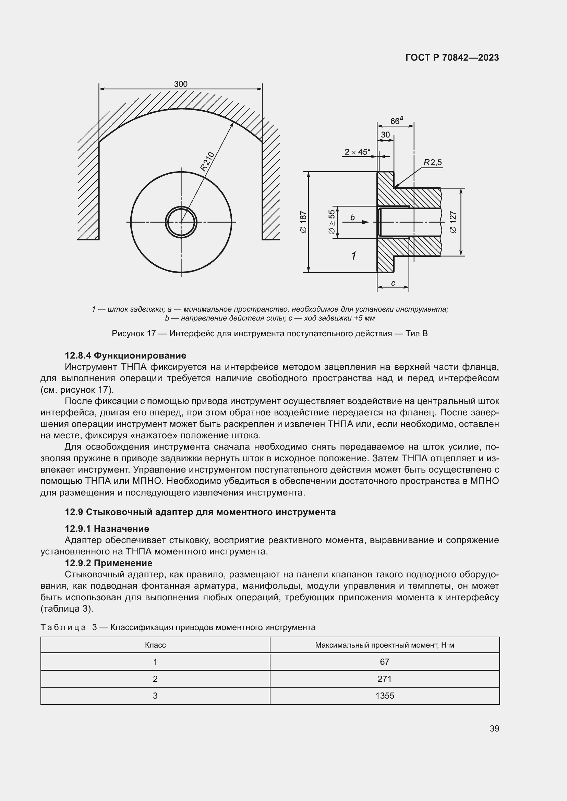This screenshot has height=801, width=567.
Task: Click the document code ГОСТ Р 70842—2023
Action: (452, 58)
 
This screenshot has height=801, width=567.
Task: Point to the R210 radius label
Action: (207, 161)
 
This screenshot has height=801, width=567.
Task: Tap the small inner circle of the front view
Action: (181, 222)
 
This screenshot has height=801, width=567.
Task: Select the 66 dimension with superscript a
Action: (396, 121)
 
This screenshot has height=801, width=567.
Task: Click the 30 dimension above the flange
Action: (385, 135)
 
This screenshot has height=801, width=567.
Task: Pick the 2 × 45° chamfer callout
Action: (357, 152)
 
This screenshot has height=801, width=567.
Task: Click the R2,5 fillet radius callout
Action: (433, 162)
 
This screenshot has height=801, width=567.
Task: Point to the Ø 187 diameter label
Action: (303, 222)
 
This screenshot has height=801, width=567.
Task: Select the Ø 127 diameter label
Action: (453, 222)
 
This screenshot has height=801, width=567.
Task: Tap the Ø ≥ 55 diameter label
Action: (332, 222)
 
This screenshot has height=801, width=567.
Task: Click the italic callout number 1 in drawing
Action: (353, 256)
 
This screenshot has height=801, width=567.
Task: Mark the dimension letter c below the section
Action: (393, 283)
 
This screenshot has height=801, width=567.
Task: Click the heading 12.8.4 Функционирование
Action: (125, 355)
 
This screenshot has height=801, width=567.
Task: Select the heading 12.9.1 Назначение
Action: (107, 528)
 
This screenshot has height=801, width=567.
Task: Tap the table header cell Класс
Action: (155, 645)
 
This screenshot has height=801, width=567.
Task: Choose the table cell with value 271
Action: (384, 678)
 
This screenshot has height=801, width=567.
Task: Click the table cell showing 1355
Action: (384, 696)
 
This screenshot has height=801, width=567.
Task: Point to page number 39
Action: (494, 728)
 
